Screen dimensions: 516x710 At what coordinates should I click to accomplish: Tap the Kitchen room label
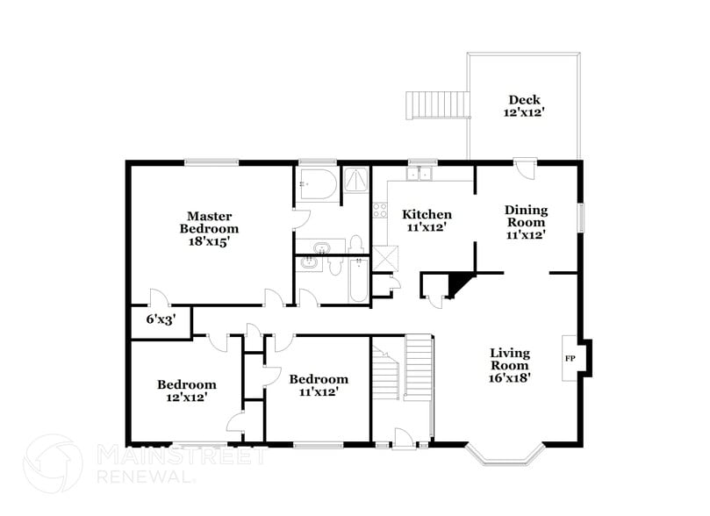(427, 220)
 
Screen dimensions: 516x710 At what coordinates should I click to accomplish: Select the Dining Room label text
(526, 222)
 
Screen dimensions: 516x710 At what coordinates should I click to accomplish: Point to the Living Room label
(510, 365)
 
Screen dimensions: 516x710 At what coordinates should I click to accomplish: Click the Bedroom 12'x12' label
(186, 391)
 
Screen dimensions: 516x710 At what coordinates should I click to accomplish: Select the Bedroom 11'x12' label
(319, 385)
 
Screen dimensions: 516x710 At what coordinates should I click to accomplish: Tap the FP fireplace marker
(570, 358)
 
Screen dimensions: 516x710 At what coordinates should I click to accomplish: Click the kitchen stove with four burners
(380, 210)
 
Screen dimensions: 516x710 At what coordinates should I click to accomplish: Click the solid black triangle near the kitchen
(458, 283)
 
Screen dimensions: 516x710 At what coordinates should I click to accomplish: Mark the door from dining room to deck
(525, 168)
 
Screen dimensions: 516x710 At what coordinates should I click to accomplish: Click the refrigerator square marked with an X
(385, 258)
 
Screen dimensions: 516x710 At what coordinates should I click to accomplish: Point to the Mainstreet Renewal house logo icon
(52, 464)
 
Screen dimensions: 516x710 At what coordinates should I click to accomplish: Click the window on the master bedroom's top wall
(212, 161)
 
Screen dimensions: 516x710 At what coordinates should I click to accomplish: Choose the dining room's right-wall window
(579, 218)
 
